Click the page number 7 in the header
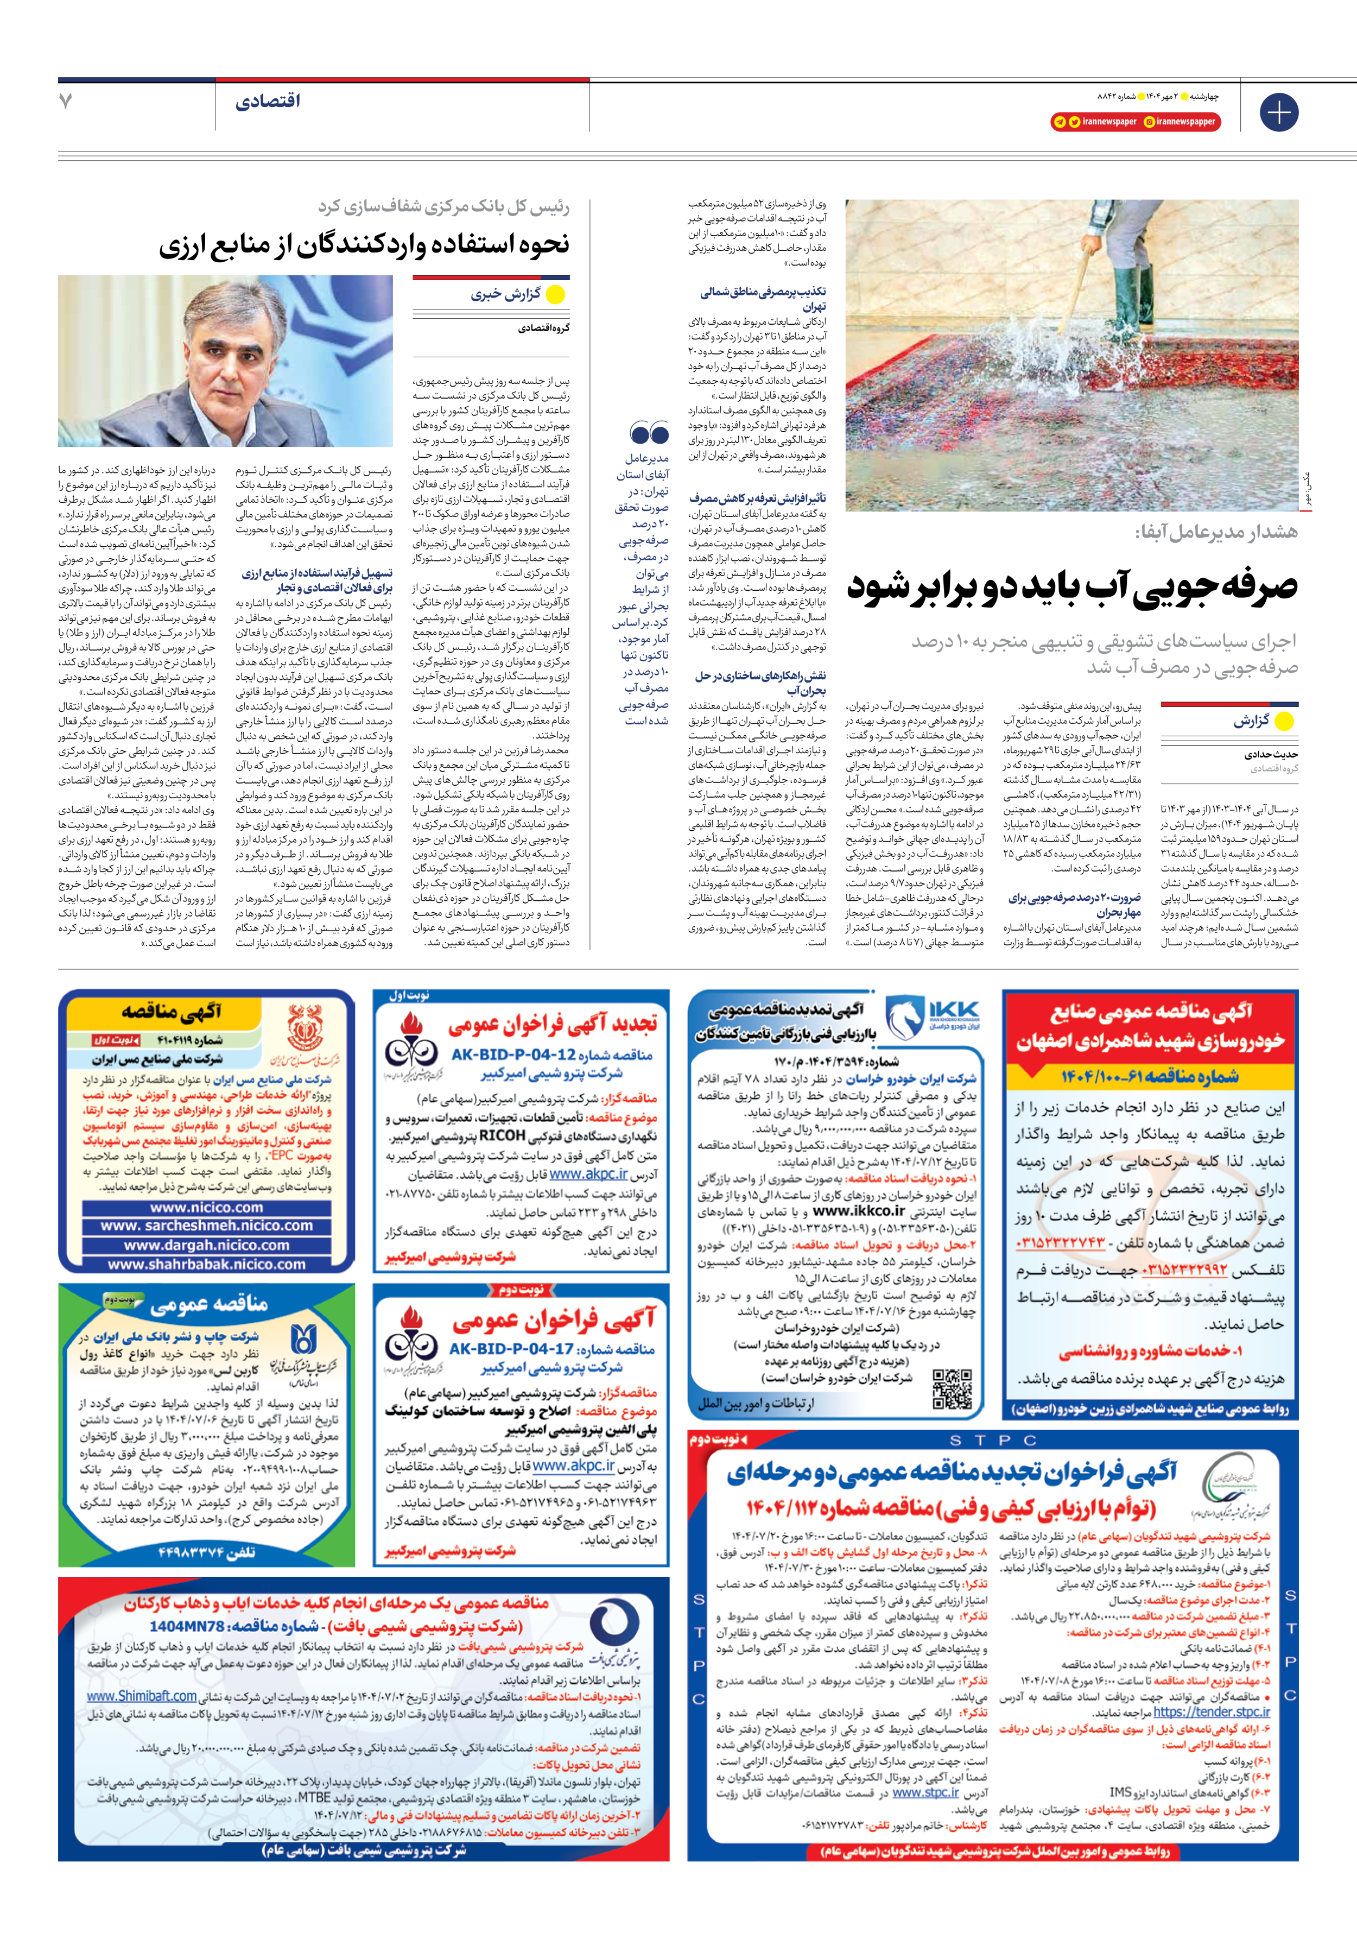tap(66, 102)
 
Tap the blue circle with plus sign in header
tap(1278, 112)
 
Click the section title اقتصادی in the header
tap(268, 102)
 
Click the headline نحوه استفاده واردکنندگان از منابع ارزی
tap(364, 245)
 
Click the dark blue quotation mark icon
tap(649, 434)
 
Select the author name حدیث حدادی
tap(1271, 754)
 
